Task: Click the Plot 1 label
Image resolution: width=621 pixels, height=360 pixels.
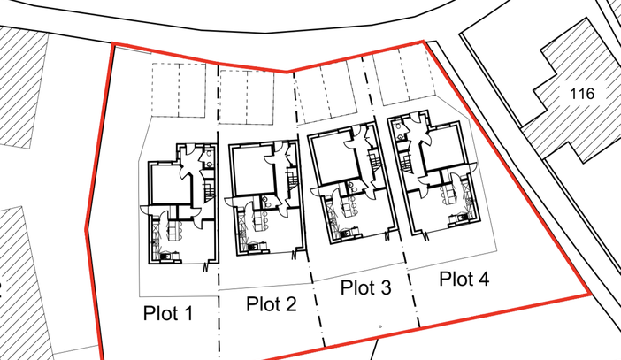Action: pyautogui.click(x=168, y=313)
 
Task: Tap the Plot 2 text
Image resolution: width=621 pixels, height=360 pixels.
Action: pyautogui.click(x=272, y=304)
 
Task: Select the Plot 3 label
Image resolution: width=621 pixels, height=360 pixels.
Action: pyautogui.click(x=366, y=287)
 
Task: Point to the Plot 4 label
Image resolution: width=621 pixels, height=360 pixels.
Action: pyautogui.click(x=464, y=279)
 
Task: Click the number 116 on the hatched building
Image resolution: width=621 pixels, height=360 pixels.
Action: pyautogui.click(x=582, y=94)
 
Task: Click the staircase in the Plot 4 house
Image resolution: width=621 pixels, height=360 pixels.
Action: pyautogui.click(x=406, y=164)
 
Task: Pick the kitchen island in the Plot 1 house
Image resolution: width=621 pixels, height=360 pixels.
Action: pyautogui.click(x=172, y=231)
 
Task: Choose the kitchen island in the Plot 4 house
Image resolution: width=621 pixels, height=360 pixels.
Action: pyautogui.click(x=448, y=193)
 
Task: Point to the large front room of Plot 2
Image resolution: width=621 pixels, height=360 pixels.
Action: pyautogui.click(x=251, y=171)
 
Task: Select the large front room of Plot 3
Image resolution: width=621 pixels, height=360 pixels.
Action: pyautogui.click(x=332, y=159)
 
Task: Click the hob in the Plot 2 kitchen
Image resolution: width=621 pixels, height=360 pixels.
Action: pyautogui.click(x=250, y=248)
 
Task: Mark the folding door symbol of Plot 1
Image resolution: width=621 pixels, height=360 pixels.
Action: pyautogui.click(x=205, y=267)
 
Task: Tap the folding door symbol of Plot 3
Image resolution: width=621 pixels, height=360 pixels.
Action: pyautogui.click(x=387, y=236)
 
